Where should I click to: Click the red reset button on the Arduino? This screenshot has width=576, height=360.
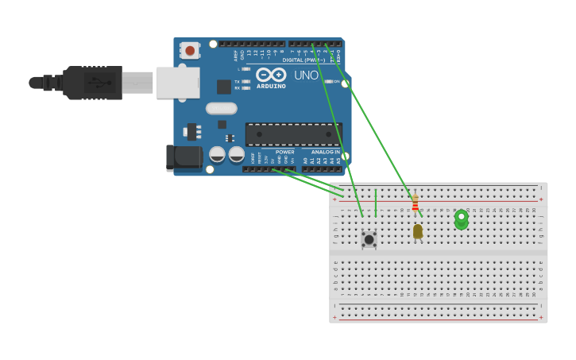tap(190, 51)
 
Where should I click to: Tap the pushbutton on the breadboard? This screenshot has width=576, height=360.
tap(369, 238)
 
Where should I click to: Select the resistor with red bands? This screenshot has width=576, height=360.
tap(415, 203)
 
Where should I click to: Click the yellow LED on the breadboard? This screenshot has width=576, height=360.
tap(418, 230)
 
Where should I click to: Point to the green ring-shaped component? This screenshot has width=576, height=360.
tap(461, 219)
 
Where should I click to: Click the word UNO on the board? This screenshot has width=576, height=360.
tap(306, 75)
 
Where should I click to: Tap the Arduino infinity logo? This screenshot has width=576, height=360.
tap(271, 74)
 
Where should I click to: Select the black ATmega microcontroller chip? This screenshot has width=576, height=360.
tap(293, 134)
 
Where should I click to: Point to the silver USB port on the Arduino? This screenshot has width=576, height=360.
tap(177, 82)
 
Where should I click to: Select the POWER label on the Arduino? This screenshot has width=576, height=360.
tap(284, 152)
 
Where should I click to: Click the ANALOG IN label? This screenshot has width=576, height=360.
tap(326, 152)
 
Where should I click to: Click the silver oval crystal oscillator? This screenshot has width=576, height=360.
tap(221, 108)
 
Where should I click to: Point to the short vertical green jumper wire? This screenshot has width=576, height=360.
tap(376, 203)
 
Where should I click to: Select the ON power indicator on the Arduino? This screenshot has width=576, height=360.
tap(329, 81)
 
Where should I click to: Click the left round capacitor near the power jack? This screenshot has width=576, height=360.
tap(217, 153)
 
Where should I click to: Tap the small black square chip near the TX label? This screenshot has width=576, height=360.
tap(224, 87)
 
